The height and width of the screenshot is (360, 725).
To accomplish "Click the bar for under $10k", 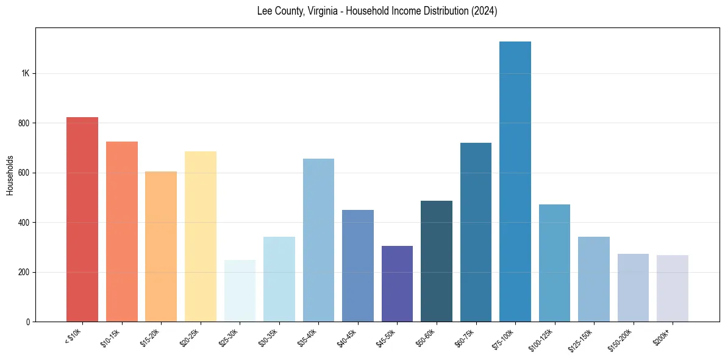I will [x=82, y=220].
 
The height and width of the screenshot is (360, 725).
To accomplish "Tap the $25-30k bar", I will [x=240, y=290].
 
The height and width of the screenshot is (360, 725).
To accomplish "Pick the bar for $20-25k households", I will [x=201, y=237].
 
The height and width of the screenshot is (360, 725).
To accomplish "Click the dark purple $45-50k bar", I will [x=397, y=284].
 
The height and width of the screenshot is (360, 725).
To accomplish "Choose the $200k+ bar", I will [x=673, y=288].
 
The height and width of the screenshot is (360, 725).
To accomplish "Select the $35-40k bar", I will [x=318, y=240].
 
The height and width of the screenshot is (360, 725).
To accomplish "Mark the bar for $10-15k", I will [x=122, y=232].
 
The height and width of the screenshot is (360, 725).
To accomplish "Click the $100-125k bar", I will [x=554, y=263].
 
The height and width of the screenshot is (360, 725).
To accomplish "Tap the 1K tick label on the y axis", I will [x=26, y=73].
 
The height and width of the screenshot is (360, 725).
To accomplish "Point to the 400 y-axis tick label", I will [x=24, y=222].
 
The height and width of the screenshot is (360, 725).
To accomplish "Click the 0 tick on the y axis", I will [x=28, y=322].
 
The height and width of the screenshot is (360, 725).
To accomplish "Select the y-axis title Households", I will [x=10, y=175].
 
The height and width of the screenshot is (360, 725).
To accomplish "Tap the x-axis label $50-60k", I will [x=426, y=337].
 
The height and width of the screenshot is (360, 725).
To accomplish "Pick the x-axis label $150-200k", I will [x=621, y=339].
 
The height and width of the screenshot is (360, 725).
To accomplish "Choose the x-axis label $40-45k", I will [x=348, y=337].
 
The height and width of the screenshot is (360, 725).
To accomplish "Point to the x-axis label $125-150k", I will [x=582, y=339].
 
